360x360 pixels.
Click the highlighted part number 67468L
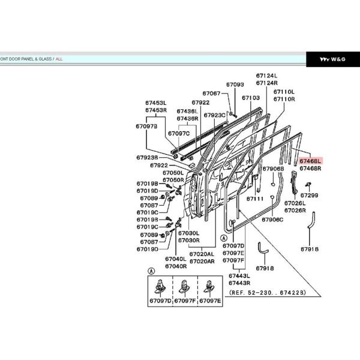click(310, 161)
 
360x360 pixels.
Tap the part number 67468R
click(310, 169)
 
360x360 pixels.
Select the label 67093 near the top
click(235, 85)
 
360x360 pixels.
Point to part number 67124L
click(266, 76)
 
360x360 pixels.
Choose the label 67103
click(251, 97)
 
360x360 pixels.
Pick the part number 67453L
click(155, 103)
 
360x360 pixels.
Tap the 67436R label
click(187, 118)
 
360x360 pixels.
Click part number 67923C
click(214, 115)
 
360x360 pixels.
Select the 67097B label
click(146, 126)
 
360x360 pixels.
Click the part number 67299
click(310, 195)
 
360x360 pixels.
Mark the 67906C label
click(272, 220)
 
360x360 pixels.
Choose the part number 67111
click(255, 199)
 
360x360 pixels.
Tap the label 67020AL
click(202, 254)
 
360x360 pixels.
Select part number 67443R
click(239, 283)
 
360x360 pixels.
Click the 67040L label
click(175, 259)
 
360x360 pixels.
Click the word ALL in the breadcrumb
click(59, 59)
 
